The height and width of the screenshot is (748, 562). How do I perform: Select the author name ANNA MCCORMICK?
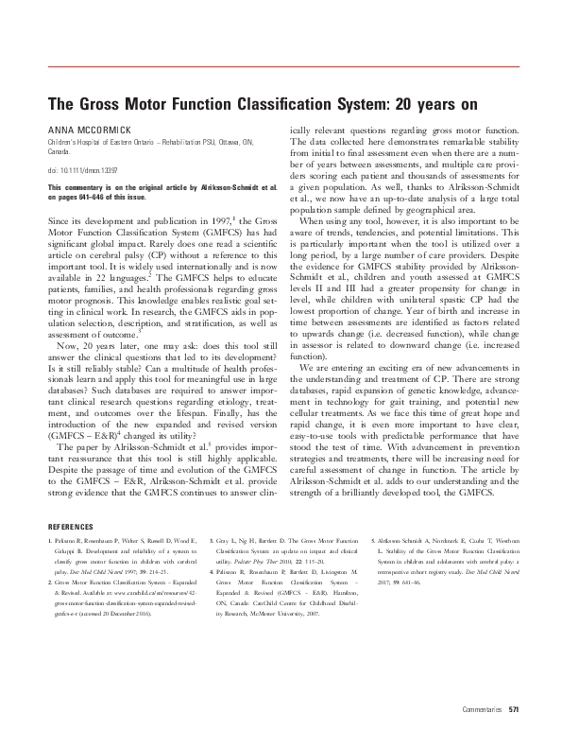(85, 127)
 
